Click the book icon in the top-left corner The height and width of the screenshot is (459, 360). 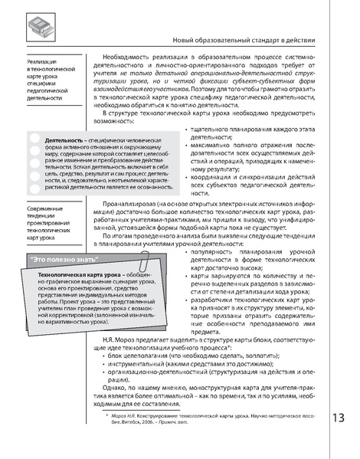[x=38, y=29]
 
